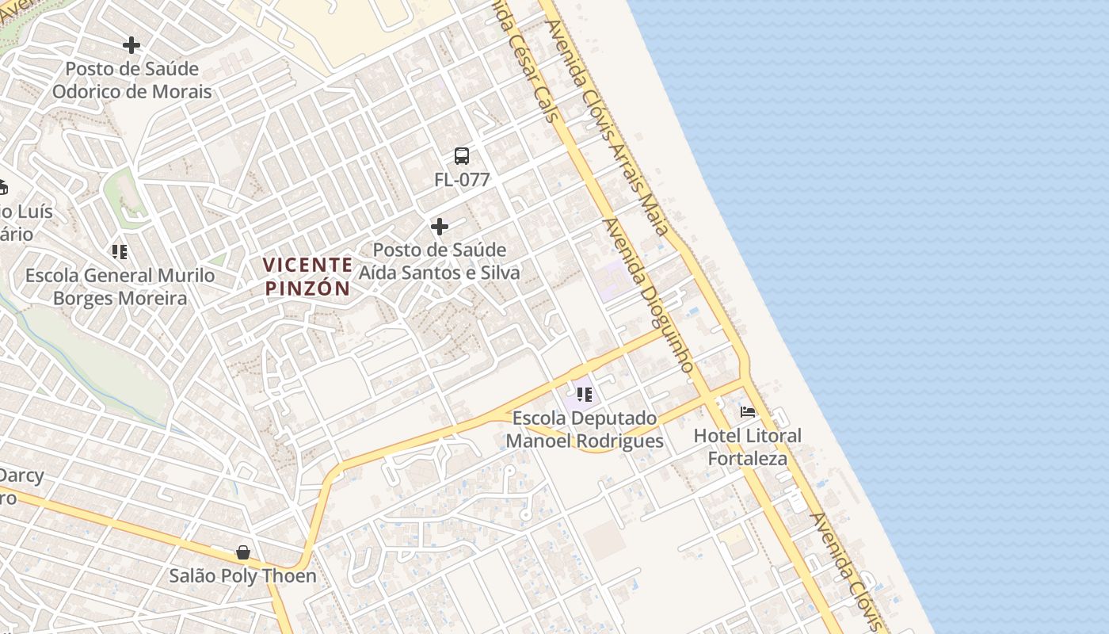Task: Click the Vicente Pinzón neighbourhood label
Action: [307, 276]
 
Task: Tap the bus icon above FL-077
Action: [462, 156]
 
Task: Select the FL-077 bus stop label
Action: [462, 180]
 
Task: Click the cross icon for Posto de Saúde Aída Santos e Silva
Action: [440, 227]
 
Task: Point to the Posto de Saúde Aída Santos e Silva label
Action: [440, 262]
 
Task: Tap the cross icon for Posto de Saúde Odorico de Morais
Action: [131, 45]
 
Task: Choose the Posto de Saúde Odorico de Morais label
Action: [132, 80]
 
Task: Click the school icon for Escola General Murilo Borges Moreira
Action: [120, 252]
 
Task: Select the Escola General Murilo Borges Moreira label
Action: [120, 287]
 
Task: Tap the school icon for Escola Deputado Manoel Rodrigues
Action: [585, 394]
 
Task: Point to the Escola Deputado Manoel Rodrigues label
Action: [585, 430]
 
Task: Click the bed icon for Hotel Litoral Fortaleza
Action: [748, 412]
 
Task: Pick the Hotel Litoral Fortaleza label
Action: [748, 447]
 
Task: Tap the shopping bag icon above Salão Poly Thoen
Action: [243, 552]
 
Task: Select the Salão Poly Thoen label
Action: [243, 576]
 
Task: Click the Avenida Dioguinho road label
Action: [649, 295]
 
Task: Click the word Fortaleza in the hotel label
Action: [748, 459]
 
